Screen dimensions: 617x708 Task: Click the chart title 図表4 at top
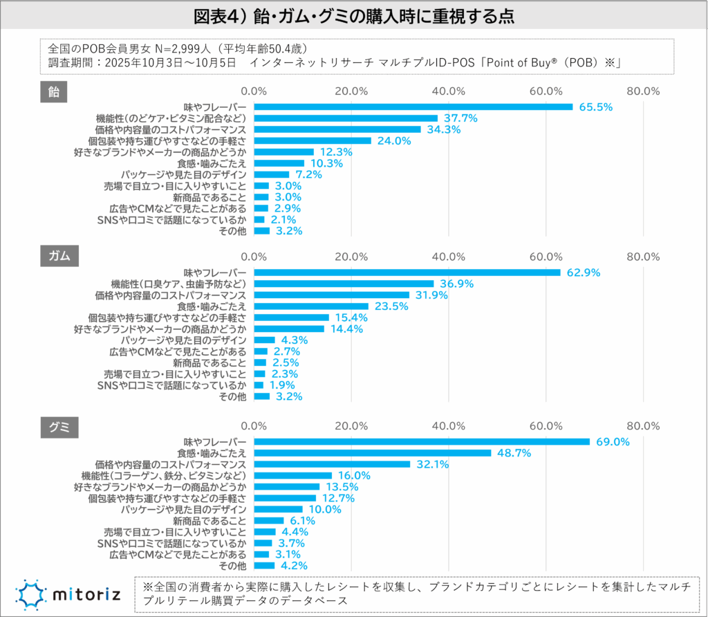(354, 15)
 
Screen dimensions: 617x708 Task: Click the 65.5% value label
(596, 107)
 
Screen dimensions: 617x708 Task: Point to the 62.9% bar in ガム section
(407, 273)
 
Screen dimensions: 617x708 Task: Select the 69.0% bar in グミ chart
(422, 442)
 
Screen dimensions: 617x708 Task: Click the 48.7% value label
(514, 453)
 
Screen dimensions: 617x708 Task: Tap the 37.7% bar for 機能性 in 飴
(346, 118)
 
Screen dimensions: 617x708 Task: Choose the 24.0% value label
(394, 141)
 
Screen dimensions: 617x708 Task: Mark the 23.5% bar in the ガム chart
(311, 306)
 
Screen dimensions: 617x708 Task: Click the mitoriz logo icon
(30, 594)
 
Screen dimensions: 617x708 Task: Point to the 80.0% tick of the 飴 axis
(642, 91)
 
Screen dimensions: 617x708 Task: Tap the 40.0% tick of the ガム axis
(449, 256)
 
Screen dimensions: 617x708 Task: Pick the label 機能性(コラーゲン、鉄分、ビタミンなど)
(163, 476)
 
